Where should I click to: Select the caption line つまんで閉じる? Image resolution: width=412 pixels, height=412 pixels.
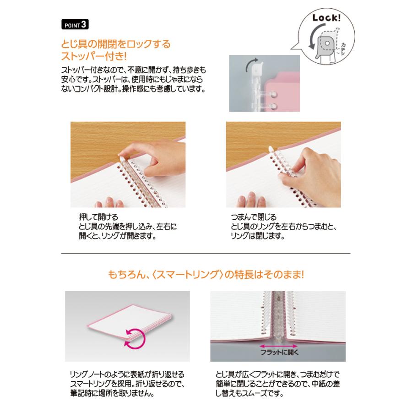(254, 217)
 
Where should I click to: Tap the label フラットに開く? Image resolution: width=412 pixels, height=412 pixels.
(280, 352)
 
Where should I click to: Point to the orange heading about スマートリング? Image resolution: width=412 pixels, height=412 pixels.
(206, 276)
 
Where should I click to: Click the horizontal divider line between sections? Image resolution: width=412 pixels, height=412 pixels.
(206, 253)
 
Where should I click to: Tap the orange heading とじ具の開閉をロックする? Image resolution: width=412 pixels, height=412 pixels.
(116, 44)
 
